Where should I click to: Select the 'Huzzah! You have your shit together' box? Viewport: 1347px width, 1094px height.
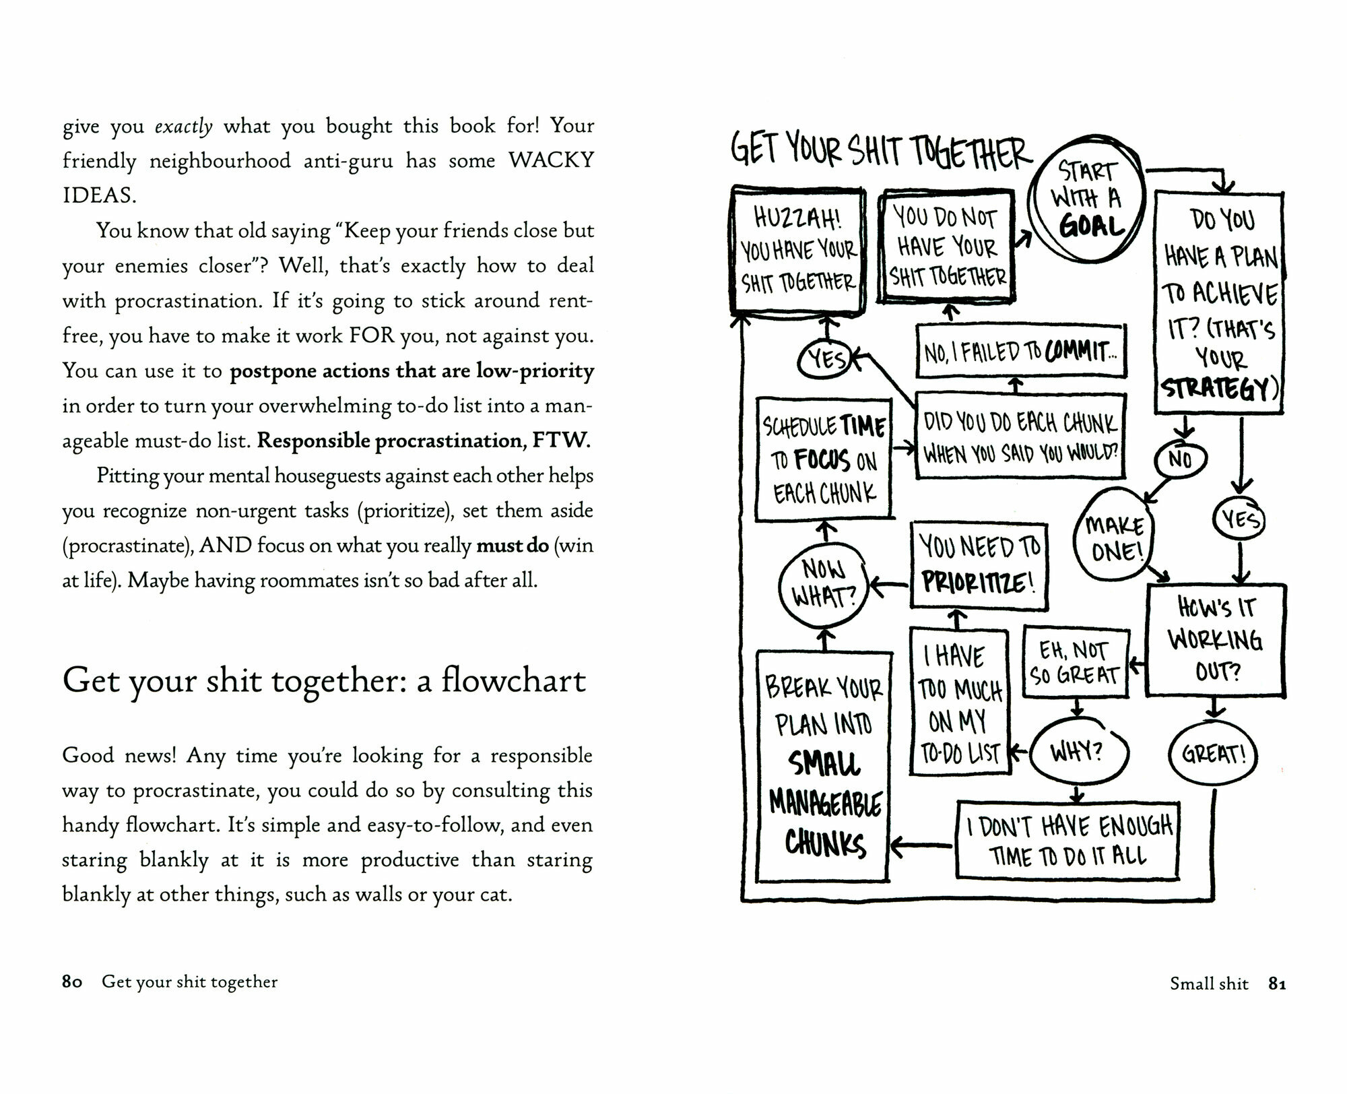coord(798,250)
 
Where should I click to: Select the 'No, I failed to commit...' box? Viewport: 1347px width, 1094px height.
coord(1020,351)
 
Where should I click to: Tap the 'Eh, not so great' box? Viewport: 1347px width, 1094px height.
coord(1076,663)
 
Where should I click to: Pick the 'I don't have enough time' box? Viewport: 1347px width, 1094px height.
coord(1068,841)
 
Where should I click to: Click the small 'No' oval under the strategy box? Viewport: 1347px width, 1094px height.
coord(1180,459)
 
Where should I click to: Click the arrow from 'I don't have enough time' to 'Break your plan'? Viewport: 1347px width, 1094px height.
coord(921,845)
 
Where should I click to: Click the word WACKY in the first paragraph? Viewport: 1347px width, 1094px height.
coord(551,160)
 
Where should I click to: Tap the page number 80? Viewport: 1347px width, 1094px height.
coord(71,982)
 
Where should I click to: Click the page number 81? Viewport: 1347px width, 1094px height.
coord(1277,984)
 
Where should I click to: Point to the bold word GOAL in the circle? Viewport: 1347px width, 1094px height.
coord(1092,226)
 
